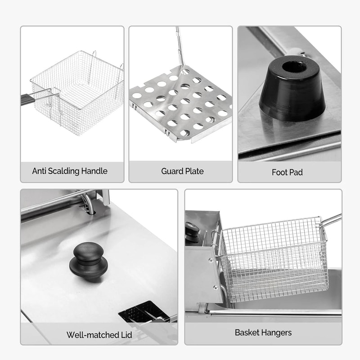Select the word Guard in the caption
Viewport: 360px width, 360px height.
coord(172,171)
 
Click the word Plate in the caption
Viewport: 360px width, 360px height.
coord(194,171)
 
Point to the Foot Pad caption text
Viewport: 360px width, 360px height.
coord(287,172)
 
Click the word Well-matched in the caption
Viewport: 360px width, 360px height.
coord(89,335)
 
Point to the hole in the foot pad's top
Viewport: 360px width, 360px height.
coord(295,68)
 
